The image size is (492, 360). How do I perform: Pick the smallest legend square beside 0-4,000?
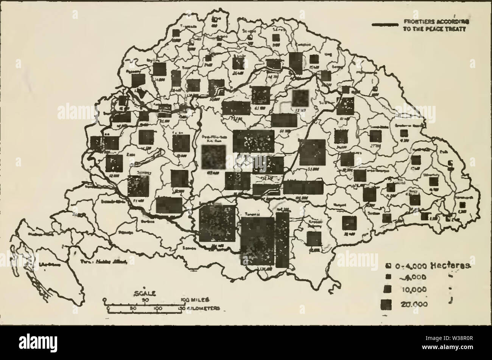(388, 266)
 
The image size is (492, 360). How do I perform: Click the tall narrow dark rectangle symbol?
(282, 240)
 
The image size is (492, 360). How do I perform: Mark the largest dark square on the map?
(258, 241)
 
